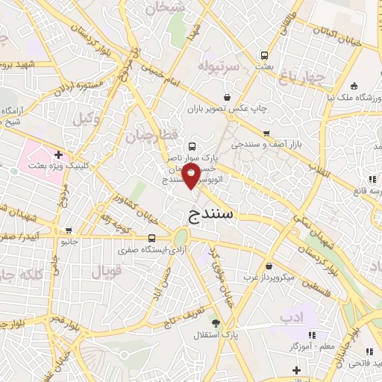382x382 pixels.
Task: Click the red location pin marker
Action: point(192,176)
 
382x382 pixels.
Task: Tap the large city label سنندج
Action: point(208,214)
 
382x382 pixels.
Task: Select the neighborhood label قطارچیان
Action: point(150,136)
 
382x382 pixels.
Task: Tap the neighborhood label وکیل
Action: point(87,117)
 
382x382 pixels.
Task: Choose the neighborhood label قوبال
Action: point(106,272)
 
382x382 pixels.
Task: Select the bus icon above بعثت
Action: point(264,54)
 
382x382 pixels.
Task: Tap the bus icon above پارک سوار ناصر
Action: point(192,146)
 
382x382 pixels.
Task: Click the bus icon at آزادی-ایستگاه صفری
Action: point(151,238)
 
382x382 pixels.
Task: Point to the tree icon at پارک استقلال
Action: point(216,323)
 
